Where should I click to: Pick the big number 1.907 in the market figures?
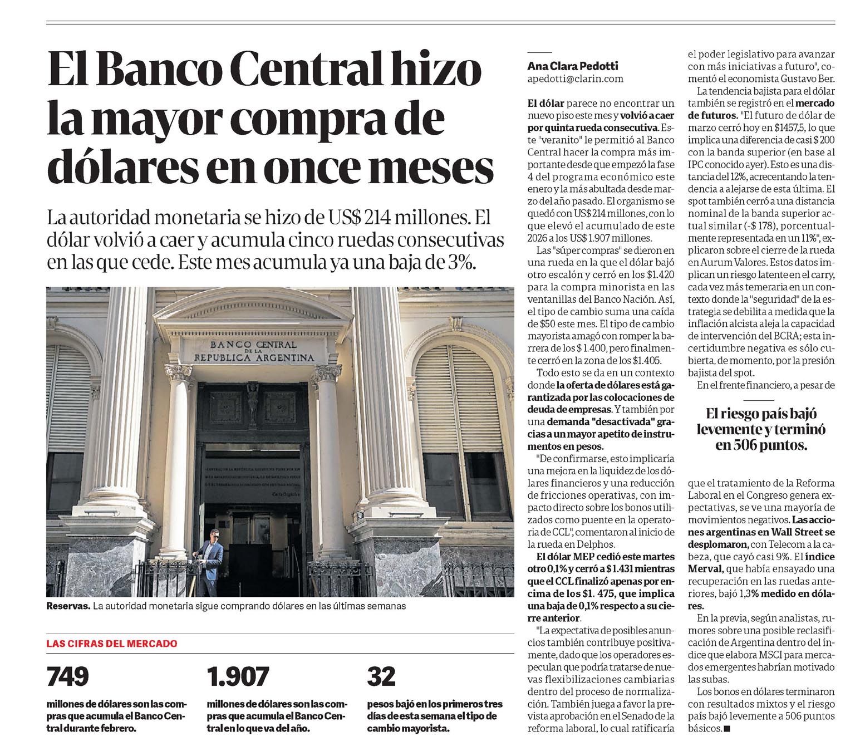(x=238, y=676)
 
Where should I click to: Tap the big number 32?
(x=381, y=676)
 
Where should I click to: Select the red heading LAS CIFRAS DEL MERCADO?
(x=112, y=644)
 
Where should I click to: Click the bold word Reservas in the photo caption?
(x=68, y=606)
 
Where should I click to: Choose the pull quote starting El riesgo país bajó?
(x=761, y=429)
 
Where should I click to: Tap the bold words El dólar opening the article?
(x=546, y=104)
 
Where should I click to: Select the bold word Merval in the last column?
(x=706, y=568)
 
